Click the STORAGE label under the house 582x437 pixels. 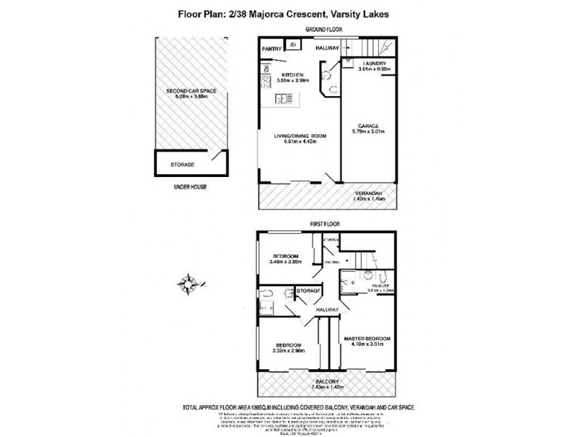[x=182, y=165]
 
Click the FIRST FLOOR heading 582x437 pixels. [x=325, y=224]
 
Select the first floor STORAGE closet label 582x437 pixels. [x=309, y=291]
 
